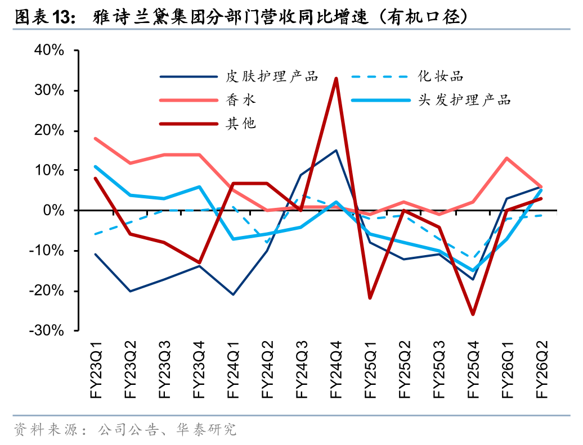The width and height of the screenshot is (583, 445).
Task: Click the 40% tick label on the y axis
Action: [50, 51]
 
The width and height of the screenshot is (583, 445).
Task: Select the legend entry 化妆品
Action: [440, 76]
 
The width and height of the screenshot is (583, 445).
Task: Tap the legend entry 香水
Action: [241, 100]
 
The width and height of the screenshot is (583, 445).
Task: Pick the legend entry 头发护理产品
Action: [464, 100]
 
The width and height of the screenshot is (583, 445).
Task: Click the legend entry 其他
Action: [241, 124]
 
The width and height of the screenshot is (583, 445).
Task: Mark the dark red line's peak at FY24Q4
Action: [336, 79]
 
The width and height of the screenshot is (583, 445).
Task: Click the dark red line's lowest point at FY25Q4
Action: [473, 314]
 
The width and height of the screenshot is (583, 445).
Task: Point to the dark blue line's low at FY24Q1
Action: [233, 294]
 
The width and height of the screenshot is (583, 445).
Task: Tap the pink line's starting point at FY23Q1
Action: [96, 138]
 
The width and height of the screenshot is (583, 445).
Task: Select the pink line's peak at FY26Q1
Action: [507, 158]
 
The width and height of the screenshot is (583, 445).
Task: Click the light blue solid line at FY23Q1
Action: [96, 166]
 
